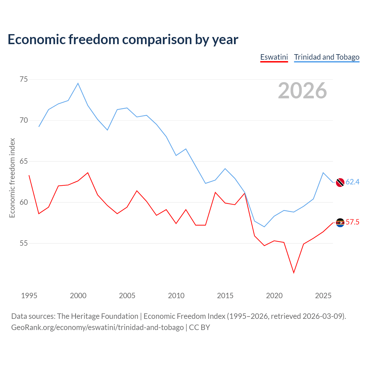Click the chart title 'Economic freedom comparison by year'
pos(123,40)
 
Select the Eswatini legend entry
pos(274,58)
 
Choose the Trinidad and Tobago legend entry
pos(327,58)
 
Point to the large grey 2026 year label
pos(302,91)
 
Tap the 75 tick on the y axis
pos(24,79)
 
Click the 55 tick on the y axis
pos(24,243)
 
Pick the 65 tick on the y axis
pos(24,161)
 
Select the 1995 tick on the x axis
pos(29,296)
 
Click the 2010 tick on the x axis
pos(176,296)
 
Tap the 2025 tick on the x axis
pos(323,296)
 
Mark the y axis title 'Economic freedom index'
pos(12,178)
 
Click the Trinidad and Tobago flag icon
pos(340,182)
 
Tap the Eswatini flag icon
pos(340,223)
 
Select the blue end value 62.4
pos(353,182)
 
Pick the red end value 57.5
pos(353,222)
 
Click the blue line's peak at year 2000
pos(78,83)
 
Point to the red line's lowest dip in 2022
pos(294,273)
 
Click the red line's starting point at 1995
pos(29,175)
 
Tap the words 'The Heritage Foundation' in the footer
pos(97,316)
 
